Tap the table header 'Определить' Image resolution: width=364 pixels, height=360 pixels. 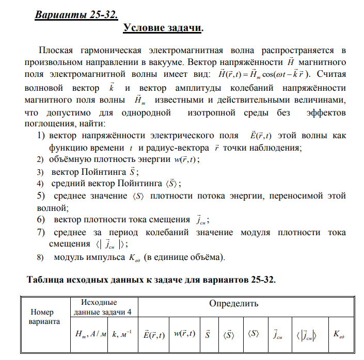click(x=233, y=303)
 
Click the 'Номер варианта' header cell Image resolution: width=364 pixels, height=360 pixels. click(x=45, y=317)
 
